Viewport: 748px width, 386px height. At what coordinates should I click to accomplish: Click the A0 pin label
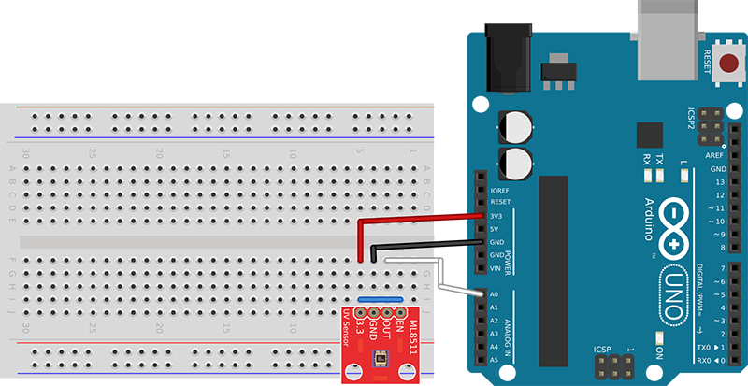click(x=495, y=294)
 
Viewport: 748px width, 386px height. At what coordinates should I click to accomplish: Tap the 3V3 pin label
click(x=496, y=216)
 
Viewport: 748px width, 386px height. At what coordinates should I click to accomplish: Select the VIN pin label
click(x=496, y=268)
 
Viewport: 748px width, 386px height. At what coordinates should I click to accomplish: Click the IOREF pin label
click(x=498, y=189)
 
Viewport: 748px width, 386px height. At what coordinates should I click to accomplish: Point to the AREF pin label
click(x=715, y=155)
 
